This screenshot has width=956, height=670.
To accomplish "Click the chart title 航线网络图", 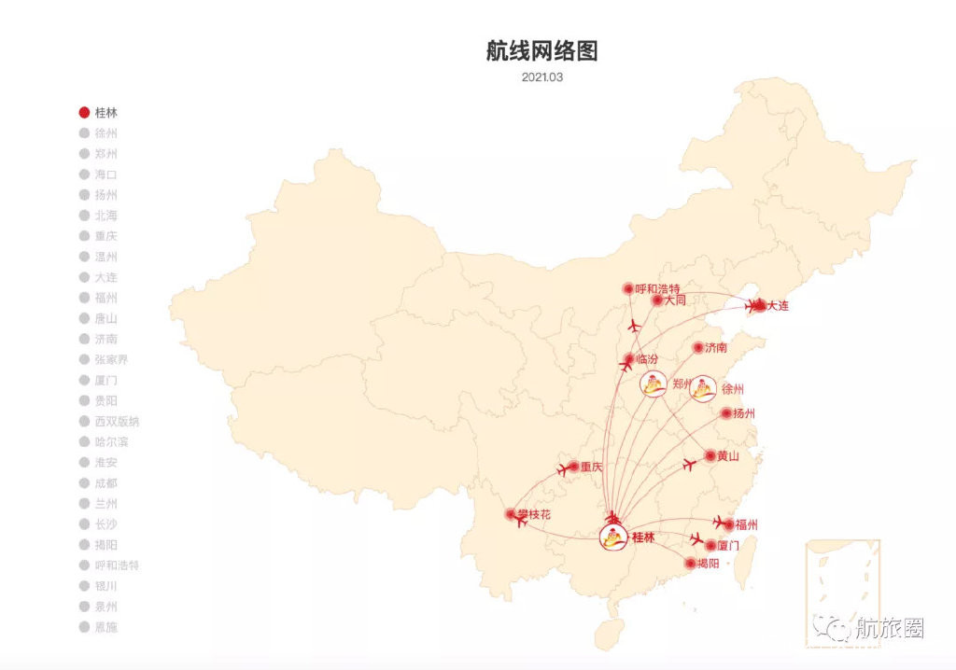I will (x=541, y=51).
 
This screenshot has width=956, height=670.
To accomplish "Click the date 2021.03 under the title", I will (x=541, y=77).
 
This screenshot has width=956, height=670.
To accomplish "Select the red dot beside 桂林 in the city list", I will (x=84, y=113).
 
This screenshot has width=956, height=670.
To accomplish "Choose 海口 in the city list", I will (x=105, y=174).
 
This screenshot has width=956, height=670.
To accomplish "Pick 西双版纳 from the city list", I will (x=117, y=422).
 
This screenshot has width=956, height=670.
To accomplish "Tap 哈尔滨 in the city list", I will (x=111, y=442).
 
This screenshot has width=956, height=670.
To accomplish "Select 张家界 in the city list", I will (x=111, y=360).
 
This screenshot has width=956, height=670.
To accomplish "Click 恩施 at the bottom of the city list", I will (x=105, y=627).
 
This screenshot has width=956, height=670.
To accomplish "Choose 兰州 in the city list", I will (x=105, y=504).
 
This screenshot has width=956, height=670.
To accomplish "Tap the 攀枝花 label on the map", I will (x=535, y=514).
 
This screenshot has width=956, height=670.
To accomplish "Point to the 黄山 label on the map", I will (x=728, y=456).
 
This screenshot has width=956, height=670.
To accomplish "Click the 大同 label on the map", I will (x=675, y=300).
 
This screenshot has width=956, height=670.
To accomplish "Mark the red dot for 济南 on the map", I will (x=698, y=348).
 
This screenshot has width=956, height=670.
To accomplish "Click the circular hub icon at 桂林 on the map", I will (x=613, y=537).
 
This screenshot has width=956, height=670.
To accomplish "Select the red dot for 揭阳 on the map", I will (x=691, y=564).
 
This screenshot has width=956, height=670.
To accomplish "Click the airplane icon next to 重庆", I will (x=562, y=470).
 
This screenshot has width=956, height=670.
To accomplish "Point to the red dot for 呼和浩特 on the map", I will (x=628, y=289).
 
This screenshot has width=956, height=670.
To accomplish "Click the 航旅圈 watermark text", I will (x=889, y=628).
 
